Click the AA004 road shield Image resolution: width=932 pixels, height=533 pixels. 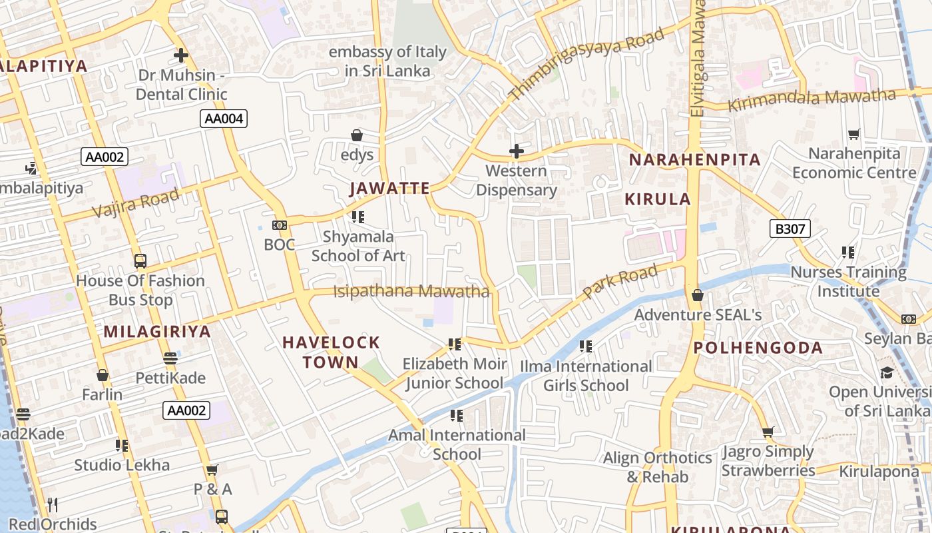[x=224, y=119]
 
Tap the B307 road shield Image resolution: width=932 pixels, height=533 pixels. [x=790, y=229]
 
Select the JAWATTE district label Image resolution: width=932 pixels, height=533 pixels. [x=389, y=189]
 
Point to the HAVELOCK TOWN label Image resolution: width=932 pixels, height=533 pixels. [x=331, y=352]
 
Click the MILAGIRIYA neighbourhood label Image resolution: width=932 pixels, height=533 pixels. [x=157, y=331]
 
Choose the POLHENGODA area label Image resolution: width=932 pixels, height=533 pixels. [x=758, y=348]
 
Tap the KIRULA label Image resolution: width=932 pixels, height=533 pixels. [x=658, y=199]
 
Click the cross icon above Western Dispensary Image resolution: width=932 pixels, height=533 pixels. [x=516, y=152]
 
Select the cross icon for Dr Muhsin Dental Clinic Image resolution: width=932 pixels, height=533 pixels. [x=180, y=55]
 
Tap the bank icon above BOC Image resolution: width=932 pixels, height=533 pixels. [x=280, y=225]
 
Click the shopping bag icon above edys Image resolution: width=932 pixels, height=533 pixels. [x=357, y=135]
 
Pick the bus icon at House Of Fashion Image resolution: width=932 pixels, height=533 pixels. [x=140, y=261]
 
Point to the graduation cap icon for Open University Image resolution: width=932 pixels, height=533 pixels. [x=887, y=372]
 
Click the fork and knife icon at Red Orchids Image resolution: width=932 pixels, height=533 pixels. [x=53, y=504]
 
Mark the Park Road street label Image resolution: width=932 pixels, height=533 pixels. [x=620, y=280]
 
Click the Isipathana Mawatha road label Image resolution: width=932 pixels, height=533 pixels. [x=411, y=291]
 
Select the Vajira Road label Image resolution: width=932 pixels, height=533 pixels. [x=136, y=203]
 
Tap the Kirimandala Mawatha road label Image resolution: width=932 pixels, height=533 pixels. [x=812, y=101]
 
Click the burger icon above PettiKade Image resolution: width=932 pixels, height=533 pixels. [x=170, y=358]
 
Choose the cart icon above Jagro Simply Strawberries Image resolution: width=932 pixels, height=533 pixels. [x=768, y=432]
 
